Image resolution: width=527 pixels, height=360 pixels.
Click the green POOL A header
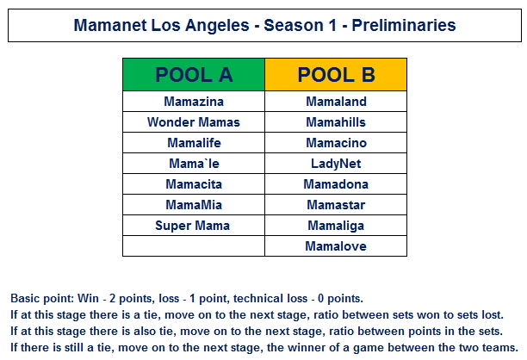click(x=194, y=74)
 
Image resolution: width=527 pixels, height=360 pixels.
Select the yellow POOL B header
click(x=336, y=74)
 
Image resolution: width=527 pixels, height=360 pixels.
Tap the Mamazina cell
click(x=194, y=102)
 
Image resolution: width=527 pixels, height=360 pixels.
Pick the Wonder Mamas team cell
click(x=194, y=122)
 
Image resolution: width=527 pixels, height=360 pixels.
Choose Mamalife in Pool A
click(x=194, y=143)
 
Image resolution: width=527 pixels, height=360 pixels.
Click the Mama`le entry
click(x=194, y=164)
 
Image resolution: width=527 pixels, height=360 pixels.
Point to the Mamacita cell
click(x=194, y=184)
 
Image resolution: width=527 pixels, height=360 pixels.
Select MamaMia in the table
click(x=194, y=205)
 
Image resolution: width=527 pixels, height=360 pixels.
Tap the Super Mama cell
click(x=194, y=226)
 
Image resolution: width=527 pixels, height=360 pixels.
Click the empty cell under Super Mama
click(x=194, y=246)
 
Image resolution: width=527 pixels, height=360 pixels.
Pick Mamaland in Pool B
click(x=336, y=102)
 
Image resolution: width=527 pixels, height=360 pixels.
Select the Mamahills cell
click(x=336, y=122)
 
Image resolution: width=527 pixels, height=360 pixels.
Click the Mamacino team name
click(x=336, y=143)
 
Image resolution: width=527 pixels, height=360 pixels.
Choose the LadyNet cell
click(x=336, y=164)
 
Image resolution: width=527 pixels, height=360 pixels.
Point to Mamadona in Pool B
click(x=336, y=184)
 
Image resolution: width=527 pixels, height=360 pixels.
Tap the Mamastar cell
click(x=336, y=205)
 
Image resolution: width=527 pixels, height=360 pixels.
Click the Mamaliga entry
click(x=336, y=226)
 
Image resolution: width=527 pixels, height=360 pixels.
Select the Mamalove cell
click(x=336, y=246)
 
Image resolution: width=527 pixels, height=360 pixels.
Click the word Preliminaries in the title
click(x=404, y=25)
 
